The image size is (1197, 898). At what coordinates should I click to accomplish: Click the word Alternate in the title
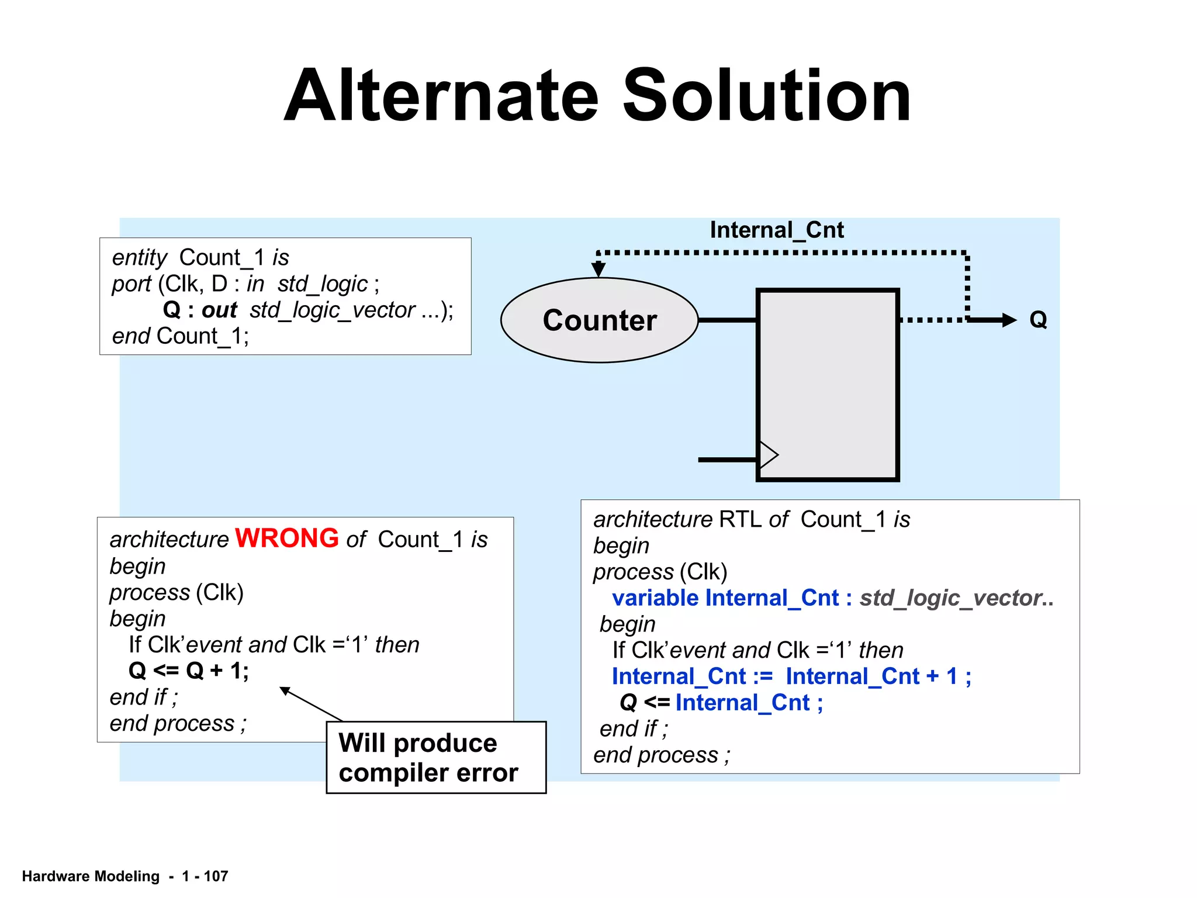pyautogui.click(x=441, y=96)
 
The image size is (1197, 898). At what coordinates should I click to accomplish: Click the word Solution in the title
pyautogui.click(x=766, y=96)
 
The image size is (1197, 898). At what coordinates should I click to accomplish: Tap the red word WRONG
pyautogui.click(x=286, y=538)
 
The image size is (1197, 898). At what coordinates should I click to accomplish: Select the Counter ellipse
pyautogui.click(x=599, y=320)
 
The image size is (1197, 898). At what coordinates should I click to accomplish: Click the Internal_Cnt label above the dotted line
pyautogui.click(x=776, y=230)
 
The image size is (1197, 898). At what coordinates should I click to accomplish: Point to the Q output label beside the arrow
pyautogui.click(x=1038, y=320)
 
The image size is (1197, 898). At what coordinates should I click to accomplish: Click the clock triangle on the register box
pyautogui.click(x=768, y=454)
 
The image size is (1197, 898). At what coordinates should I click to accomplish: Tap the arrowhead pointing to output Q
pyautogui.click(x=1009, y=320)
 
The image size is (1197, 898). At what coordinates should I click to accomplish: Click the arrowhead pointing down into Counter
pyautogui.click(x=598, y=270)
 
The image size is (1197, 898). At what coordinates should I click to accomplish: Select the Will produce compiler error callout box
pyautogui.click(x=435, y=758)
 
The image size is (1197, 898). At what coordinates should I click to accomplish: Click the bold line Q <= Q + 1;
pyautogui.click(x=188, y=671)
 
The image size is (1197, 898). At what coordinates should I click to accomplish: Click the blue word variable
pyautogui.click(x=655, y=598)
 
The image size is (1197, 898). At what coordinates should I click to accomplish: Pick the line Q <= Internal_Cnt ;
pyautogui.click(x=721, y=703)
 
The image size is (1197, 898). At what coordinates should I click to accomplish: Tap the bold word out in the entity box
pyautogui.click(x=219, y=310)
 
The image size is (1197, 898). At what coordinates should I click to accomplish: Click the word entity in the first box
pyautogui.click(x=140, y=258)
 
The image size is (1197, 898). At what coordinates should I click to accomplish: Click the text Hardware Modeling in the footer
pyautogui.click(x=91, y=876)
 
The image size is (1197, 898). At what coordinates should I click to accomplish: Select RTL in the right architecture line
pyautogui.click(x=740, y=519)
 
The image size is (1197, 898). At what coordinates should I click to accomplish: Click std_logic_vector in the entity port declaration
pyautogui.click(x=332, y=310)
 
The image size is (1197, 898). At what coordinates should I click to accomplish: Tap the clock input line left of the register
pyautogui.click(x=727, y=460)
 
